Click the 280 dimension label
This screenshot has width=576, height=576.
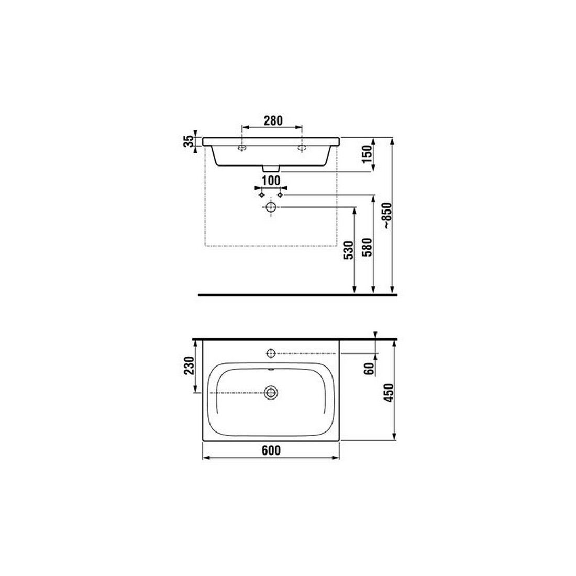coord(273,120)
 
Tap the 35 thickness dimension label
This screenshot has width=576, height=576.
coord(189,141)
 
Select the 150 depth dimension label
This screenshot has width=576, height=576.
coord(368,154)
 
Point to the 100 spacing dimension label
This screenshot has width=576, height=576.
coord(271,180)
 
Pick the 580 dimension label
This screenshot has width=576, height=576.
coord(368,247)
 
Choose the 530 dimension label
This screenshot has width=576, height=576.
coord(348,250)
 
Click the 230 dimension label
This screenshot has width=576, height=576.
coord(189,365)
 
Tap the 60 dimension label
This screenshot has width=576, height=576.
coord(369,369)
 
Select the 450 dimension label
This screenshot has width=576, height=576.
coord(389,393)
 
